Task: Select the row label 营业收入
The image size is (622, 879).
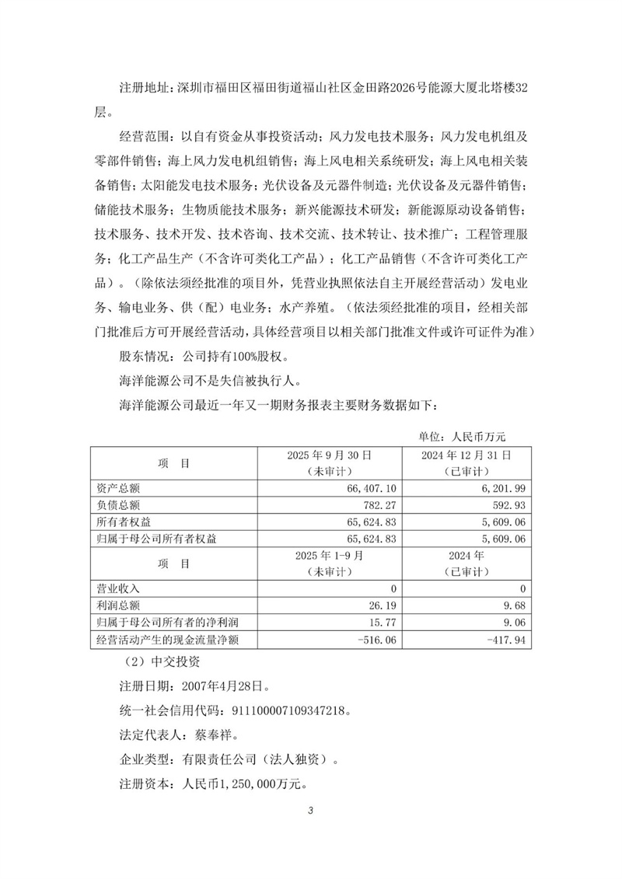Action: click(x=117, y=589)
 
